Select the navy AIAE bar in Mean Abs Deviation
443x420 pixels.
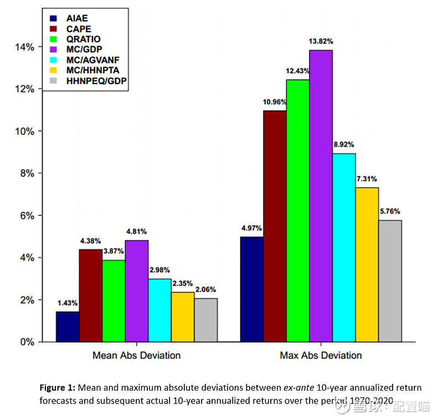pos(68,326)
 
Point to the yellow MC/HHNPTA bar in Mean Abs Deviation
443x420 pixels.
pos(183,316)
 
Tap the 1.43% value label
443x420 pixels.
pos(68,303)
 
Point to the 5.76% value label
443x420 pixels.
pos(390,211)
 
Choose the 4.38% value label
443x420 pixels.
pos(90,240)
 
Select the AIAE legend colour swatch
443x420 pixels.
pos(54,18)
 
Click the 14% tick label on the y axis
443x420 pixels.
pos(25,47)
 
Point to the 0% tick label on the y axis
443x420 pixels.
pos(27,342)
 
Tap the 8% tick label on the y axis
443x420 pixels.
pos(27,173)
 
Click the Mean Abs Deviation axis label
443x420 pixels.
pos(136,355)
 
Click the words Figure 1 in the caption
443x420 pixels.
pos(58,388)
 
